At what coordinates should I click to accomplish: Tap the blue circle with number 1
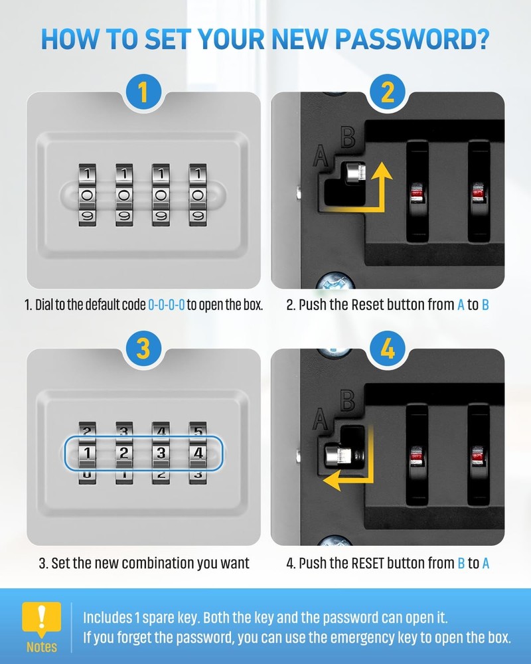click(x=143, y=92)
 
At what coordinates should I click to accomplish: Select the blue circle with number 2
click(x=388, y=92)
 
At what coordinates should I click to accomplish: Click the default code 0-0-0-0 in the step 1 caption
click(x=166, y=306)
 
